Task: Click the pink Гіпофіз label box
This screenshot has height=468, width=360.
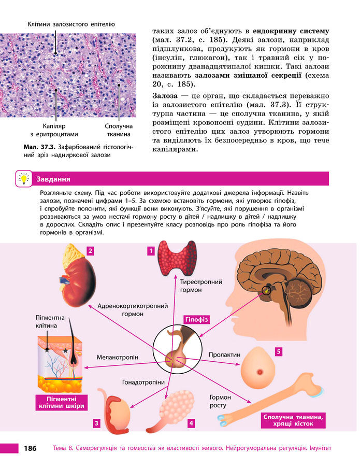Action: coord(196,320)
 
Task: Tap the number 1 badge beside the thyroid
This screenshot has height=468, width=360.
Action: coord(151,251)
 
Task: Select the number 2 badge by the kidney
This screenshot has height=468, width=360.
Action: coord(90,251)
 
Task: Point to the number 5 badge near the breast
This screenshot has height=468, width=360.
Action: coord(279,352)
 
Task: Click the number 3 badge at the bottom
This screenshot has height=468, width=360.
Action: coord(96,423)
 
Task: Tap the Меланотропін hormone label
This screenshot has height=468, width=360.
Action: coord(118,357)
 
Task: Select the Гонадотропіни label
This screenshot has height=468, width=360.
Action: coord(143,382)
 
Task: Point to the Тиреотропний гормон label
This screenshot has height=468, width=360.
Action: coord(201,286)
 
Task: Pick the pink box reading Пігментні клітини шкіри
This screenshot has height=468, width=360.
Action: coord(61,402)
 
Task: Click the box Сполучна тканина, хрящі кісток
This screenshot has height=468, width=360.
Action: coord(293,420)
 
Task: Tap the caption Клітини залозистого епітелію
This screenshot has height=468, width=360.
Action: coord(71,24)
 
